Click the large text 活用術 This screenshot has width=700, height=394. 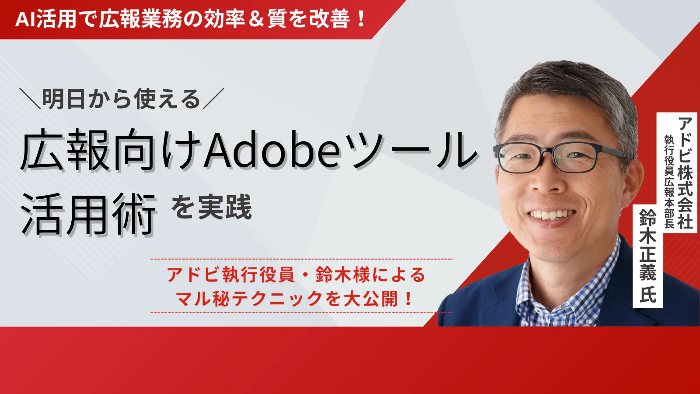pyautogui.click(x=88, y=214)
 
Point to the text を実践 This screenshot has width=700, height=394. pyautogui.click(x=212, y=207)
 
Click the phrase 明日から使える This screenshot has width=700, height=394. pyautogui.click(x=121, y=99)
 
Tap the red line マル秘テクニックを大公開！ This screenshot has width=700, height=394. pyautogui.click(x=294, y=298)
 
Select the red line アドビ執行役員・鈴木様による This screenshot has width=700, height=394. pyautogui.click(x=296, y=274)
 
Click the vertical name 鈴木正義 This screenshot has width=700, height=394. pyautogui.click(x=647, y=245)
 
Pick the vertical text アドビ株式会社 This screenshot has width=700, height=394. pyautogui.click(x=685, y=173)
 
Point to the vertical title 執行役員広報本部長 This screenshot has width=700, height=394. pyautogui.click(x=669, y=182)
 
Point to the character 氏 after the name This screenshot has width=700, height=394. pyautogui.click(x=647, y=293)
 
